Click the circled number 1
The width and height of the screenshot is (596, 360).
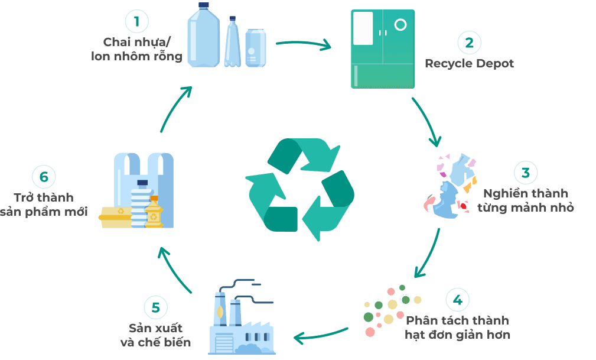coord(136,22)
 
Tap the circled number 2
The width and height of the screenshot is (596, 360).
coord(469,42)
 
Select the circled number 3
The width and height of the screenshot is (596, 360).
coord(525,173)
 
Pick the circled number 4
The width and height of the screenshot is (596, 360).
coord(457,300)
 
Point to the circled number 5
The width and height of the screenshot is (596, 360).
coord(155,307)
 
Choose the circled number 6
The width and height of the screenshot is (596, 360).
coord(43,177)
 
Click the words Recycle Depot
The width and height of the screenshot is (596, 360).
coord(469,63)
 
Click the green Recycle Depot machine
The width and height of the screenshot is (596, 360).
coord(382,49)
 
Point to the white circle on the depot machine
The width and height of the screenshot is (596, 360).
coord(400,25)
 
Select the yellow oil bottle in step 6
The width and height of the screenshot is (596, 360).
coord(154,212)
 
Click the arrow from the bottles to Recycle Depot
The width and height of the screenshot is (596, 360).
coord(302,44)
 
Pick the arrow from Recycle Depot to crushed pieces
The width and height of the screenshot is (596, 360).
coord(427,121)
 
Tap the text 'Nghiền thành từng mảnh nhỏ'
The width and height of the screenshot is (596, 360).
coord(525,200)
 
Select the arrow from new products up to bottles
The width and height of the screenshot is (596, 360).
coord(175,109)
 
